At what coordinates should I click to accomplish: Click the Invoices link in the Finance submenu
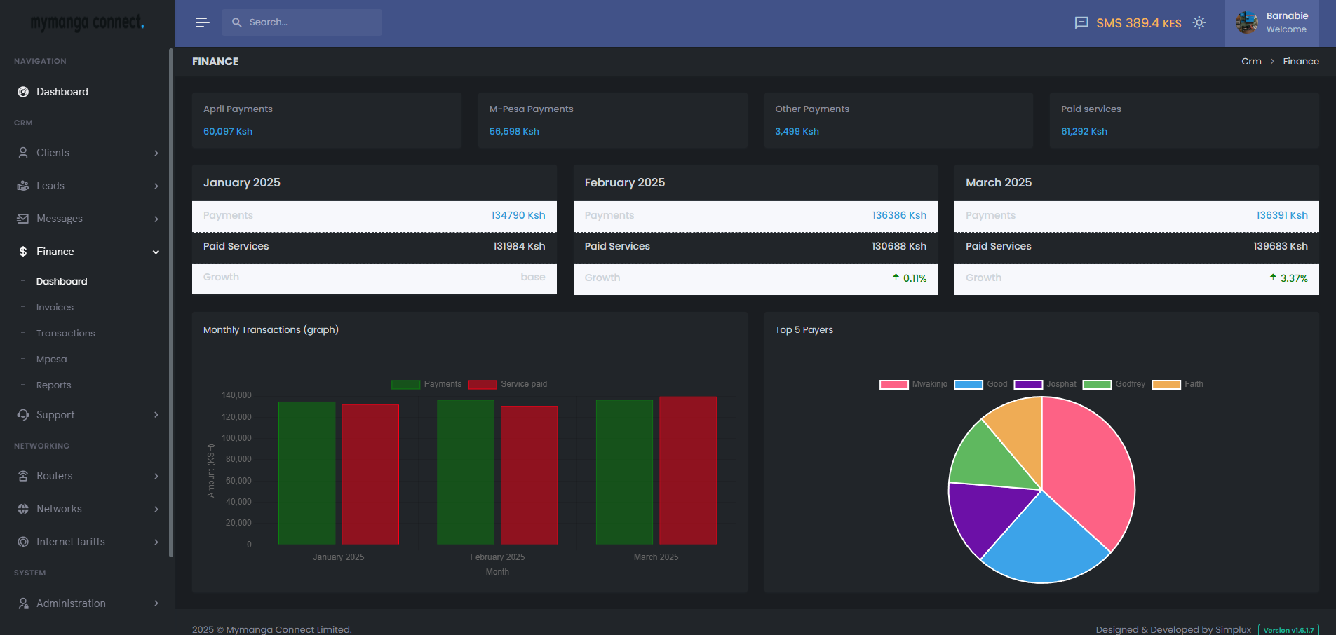coord(55,307)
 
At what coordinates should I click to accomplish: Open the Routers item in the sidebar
coord(55,476)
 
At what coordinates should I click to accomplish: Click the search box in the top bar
coord(302,22)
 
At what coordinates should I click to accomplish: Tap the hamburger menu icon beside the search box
coord(202,22)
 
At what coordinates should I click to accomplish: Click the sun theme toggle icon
coord(1199,22)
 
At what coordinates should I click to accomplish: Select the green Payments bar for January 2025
coord(306,472)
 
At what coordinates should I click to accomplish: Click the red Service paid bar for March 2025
coord(687,470)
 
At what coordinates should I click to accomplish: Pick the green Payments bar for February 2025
coord(465,472)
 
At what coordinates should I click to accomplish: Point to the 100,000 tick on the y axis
coord(236,438)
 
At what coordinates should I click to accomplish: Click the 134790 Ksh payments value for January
coord(518,215)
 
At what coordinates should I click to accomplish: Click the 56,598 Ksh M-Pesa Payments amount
coord(514,131)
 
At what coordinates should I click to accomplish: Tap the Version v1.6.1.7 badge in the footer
coord(1288,630)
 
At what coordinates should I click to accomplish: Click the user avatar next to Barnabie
coord(1246,22)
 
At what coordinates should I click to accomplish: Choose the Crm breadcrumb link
coord(1251,62)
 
